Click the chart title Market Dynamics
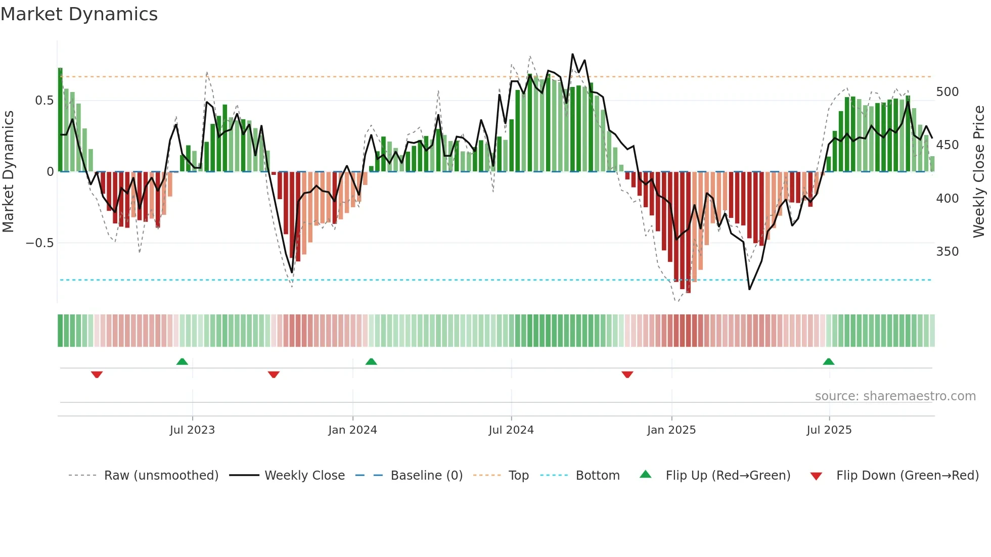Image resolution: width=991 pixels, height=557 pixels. click(x=79, y=14)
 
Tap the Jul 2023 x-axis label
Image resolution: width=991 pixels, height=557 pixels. click(x=192, y=430)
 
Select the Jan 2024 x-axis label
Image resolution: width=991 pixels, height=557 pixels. click(x=352, y=430)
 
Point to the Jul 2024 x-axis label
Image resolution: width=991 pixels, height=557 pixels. click(x=511, y=430)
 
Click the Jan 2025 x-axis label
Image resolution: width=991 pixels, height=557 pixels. click(x=671, y=430)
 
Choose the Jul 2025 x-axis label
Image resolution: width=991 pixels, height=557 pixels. click(x=829, y=430)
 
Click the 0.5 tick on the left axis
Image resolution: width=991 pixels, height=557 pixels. click(x=44, y=101)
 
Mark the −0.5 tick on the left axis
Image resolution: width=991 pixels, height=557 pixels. click(x=39, y=243)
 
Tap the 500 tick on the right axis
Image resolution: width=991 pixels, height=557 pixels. click(x=947, y=92)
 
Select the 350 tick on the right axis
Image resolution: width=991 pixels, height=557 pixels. click(x=947, y=252)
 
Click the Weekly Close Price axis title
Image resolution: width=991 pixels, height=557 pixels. click(x=979, y=172)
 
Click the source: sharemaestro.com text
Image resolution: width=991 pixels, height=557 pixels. click(x=895, y=396)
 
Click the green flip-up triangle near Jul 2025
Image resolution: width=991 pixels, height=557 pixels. click(x=828, y=361)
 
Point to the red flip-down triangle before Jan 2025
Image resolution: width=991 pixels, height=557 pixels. click(x=627, y=375)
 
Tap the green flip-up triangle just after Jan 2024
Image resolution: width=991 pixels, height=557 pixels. click(x=371, y=361)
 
